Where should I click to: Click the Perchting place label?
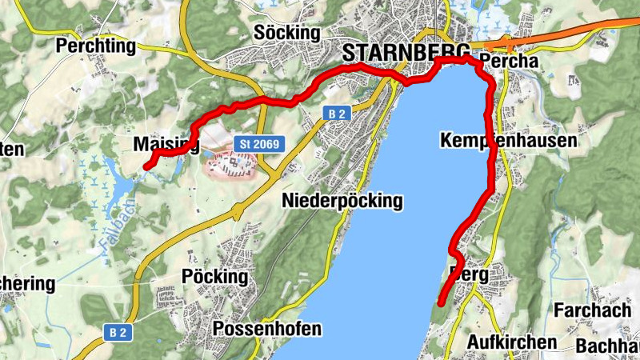[96, 46]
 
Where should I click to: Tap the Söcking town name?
[286, 33]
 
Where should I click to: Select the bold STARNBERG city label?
[405, 54]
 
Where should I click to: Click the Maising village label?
[165, 145]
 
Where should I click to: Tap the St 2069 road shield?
[258, 143]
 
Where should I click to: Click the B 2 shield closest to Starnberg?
[336, 114]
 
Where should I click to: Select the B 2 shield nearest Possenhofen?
[118, 330]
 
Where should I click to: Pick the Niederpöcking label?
[342, 201]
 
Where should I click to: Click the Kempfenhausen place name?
[508, 141]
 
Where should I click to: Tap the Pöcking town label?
[215, 277]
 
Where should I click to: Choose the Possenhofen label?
[267, 329]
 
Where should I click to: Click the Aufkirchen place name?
[511, 342]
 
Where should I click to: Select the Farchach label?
[594, 309]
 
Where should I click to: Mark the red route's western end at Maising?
[146, 166]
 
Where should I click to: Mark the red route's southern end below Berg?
[441, 302]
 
